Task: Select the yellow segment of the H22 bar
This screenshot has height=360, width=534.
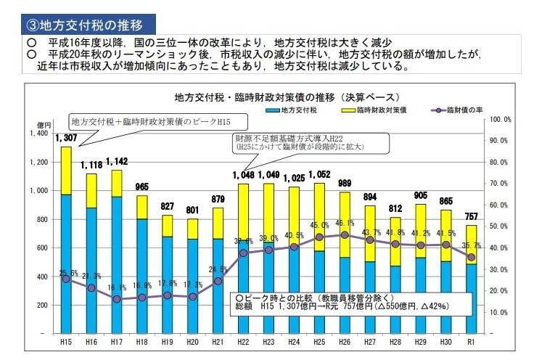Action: point(243,210)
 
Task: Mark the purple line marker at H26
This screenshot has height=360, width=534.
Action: point(345,234)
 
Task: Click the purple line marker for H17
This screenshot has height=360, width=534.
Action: point(117,299)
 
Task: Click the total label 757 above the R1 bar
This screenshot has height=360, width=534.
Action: point(472,216)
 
